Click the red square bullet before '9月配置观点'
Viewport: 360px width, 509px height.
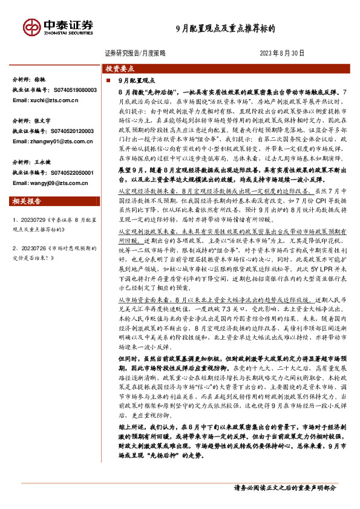tap(108, 80)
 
